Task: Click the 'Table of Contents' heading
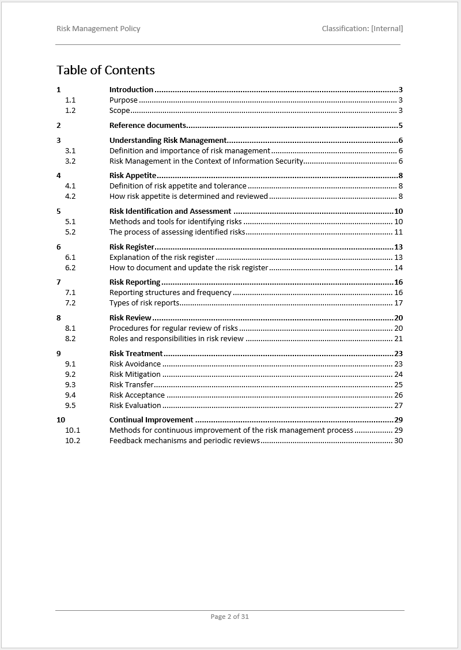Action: tap(105, 70)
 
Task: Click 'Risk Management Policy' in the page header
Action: tap(99, 28)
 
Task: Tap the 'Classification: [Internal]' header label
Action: tap(362, 28)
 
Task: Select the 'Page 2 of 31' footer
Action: tap(230, 617)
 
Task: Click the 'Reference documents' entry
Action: tap(148, 126)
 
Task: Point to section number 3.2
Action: tap(70, 161)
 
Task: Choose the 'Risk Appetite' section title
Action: tap(133, 176)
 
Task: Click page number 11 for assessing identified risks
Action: tap(398, 232)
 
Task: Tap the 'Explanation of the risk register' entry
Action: tap(162, 258)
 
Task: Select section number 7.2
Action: tap(70, 303)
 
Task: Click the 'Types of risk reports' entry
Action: tap(144, 303)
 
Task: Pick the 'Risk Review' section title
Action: tap(130, 318)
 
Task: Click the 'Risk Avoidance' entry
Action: tap(135, 364)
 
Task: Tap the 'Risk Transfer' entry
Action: tap(131, 385)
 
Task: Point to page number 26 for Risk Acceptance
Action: tap(398, 395)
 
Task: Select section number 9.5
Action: tap(70, 406)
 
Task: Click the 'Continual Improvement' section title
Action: tap(151, 420)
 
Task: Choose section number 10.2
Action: tap(73, 441)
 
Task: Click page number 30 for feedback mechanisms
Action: tap(398, 441)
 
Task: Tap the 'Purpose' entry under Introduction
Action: tap(123, 100)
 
